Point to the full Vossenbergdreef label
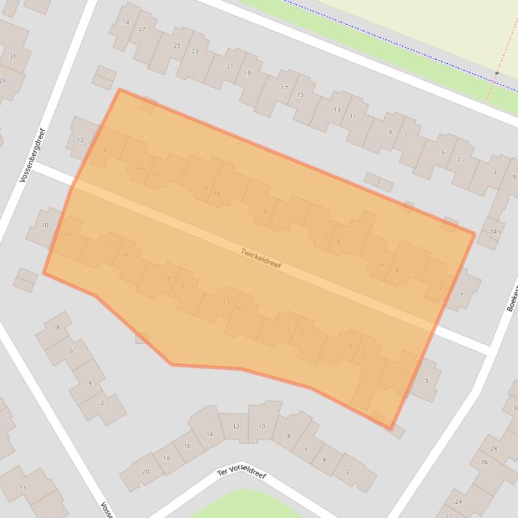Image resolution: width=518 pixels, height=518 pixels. coord(32,155)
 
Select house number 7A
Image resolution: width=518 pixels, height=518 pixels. coord(494,233)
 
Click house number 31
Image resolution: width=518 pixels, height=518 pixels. coord(12,57)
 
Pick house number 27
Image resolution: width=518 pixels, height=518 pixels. coord(142,30)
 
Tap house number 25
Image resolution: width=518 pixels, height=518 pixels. coord(177,46)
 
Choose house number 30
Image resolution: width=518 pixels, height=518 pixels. coord(514,408)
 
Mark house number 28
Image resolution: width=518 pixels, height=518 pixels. coord(494,448)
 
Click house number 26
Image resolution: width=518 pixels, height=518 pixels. coord(484,462)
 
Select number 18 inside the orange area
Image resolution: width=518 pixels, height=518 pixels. coord(205,188)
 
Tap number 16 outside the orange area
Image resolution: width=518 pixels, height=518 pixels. coord(187,446)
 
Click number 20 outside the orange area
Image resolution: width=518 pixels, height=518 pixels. coord(145,471)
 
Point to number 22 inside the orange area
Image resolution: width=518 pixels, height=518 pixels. coord(140,167)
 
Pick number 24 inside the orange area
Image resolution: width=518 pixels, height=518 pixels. coord(102,151)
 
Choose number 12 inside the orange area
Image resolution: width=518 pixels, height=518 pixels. coord(278,217)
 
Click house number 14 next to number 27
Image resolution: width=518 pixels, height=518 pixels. coord(125,22)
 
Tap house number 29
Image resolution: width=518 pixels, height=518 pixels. coord(2,81)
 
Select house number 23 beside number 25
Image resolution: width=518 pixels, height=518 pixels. coord(194,52)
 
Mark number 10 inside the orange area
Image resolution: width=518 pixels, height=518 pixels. coord(326,235)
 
